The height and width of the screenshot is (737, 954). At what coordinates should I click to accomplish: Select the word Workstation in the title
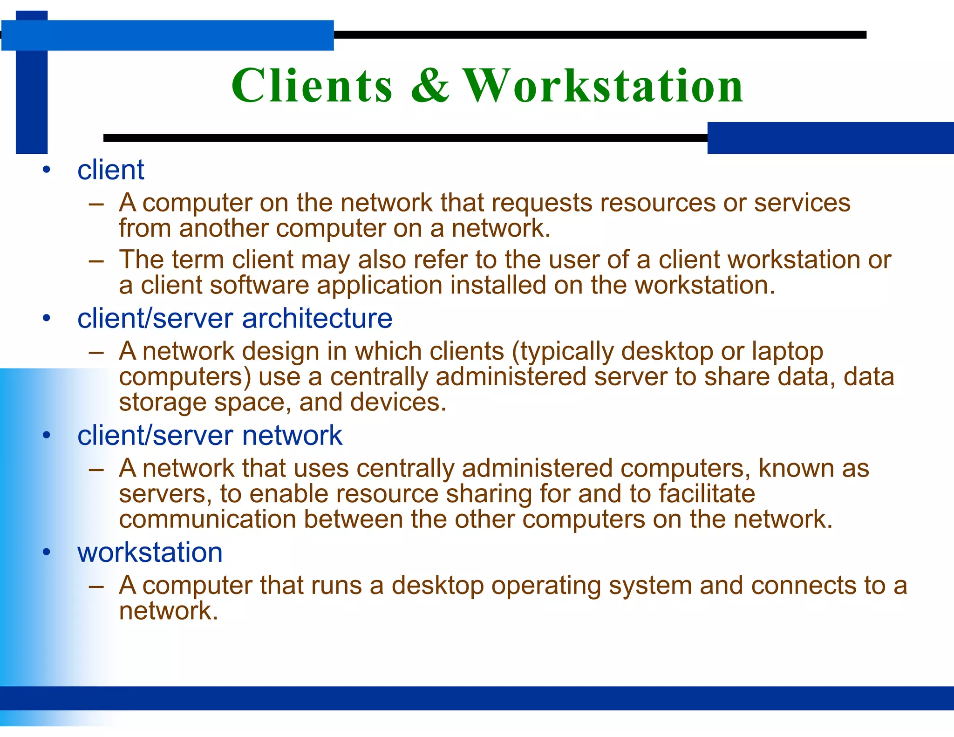[603, 86]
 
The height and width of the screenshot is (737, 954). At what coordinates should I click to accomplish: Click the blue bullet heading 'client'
[111, 170]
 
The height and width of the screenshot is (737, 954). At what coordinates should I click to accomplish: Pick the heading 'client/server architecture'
[235, 319]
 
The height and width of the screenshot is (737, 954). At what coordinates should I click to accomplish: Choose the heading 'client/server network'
[210, 436]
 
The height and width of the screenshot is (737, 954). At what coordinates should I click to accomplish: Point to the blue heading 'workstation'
[150, 553]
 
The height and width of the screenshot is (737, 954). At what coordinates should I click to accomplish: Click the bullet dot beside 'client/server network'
[46, 436]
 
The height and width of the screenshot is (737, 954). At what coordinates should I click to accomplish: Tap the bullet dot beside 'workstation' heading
[46, 553]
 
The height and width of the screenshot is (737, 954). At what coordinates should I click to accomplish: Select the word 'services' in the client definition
[802, 203]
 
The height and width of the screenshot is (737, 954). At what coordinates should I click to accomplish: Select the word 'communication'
[207, 519]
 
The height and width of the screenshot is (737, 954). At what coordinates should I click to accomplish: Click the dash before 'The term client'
[96, 260]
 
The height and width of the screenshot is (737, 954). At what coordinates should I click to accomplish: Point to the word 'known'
[796, 468]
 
